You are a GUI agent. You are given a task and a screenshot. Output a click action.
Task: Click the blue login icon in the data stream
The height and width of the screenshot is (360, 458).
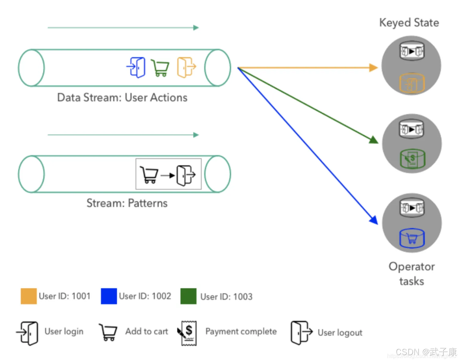coord(136,67)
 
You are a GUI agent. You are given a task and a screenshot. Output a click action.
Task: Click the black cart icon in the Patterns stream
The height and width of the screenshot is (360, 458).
coord(149,175)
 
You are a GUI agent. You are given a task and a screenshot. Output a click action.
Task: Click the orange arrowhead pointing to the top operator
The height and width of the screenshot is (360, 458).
coord(373,68)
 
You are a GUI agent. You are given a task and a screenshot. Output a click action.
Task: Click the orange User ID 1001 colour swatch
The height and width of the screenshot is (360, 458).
coord(29,296)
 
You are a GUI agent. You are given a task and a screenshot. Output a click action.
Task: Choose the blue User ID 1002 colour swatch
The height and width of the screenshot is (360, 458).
coord(109,296)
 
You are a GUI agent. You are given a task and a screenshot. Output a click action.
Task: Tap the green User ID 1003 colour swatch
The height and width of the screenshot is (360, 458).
coord(188,296)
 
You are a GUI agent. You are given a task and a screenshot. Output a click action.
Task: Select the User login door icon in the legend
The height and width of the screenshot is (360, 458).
coord(28,333)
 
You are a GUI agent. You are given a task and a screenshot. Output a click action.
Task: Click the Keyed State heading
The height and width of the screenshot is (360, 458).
coord(409,23)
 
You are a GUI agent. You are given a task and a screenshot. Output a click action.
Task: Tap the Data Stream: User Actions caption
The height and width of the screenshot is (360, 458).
coord(122,97)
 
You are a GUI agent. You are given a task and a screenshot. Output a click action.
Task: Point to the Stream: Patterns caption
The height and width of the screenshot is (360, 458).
coord(127,203)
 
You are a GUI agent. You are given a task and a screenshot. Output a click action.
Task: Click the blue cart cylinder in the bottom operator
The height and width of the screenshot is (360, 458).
coord(412,238)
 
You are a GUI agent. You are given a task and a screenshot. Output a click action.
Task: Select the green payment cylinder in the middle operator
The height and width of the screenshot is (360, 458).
coord(412,159)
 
